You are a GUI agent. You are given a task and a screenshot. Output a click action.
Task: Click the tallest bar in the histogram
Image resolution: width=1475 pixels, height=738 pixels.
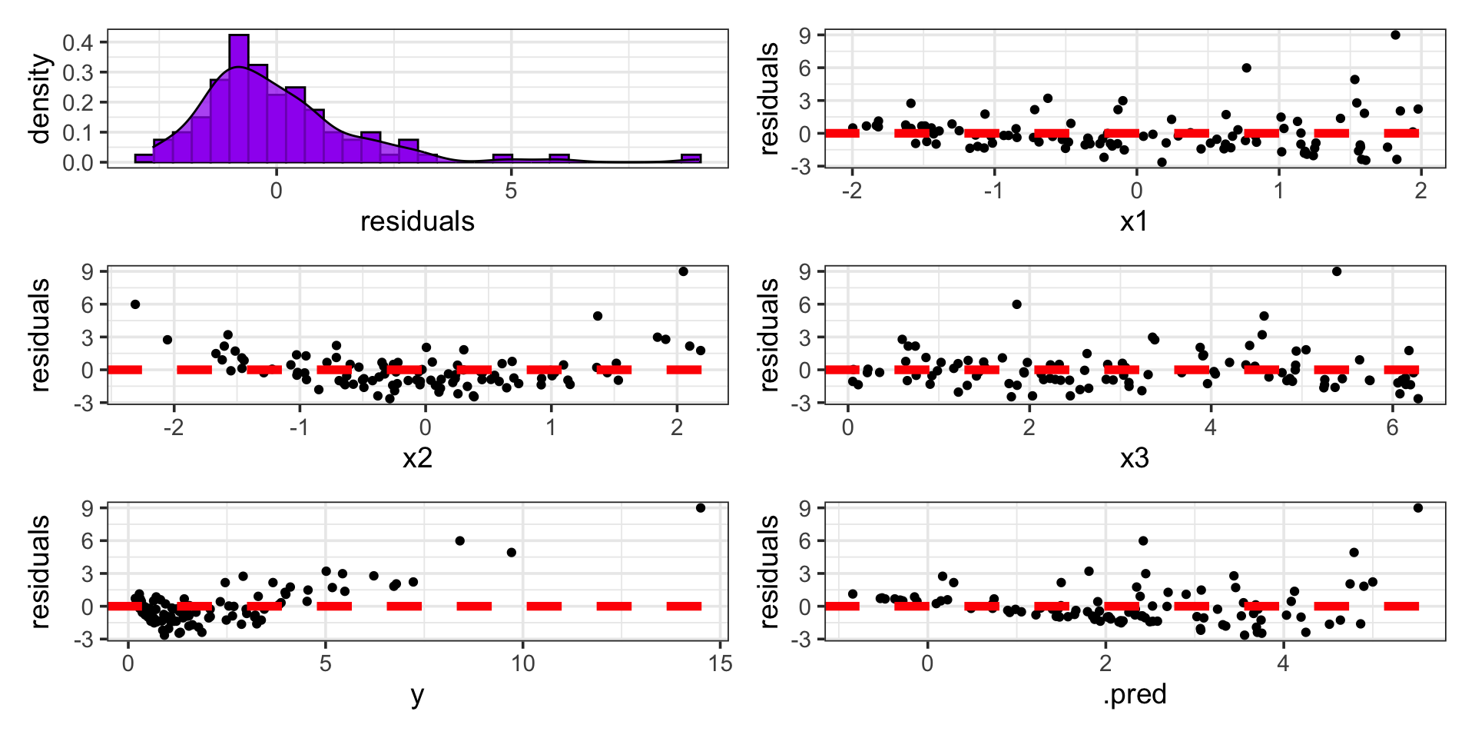(239, 98)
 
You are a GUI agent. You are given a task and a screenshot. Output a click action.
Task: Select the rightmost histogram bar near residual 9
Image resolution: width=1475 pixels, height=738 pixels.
(691, 159)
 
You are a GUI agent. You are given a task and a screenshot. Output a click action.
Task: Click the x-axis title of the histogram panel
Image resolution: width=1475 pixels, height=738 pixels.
(417, 221)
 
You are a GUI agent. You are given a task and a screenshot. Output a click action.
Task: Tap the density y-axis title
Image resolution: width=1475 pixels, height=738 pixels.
(39, 98)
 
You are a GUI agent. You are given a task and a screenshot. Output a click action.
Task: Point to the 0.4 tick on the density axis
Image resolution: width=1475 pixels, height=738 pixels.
(77, 42)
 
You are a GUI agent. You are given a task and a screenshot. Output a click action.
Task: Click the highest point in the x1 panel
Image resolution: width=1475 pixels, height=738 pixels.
(1395, 35)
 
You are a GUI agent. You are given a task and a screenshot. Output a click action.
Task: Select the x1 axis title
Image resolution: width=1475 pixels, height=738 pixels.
(1134, 221)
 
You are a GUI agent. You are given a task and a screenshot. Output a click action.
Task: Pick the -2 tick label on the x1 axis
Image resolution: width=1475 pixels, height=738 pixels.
(851, 191)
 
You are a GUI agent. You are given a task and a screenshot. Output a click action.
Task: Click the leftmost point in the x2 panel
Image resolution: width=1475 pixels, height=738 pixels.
(135, 304)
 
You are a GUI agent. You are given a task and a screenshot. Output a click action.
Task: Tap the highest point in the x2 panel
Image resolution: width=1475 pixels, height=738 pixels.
(683, 271)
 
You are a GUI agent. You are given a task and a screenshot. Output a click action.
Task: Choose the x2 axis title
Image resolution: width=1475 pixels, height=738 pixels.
(417, 458)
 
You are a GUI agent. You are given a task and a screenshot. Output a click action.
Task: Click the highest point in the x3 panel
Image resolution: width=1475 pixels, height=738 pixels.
(1337, 271)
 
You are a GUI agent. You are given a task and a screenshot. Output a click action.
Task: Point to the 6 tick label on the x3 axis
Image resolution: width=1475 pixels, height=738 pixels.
(1392, 427)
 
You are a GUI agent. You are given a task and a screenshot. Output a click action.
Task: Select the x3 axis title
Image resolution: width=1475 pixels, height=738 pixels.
(1134, 458)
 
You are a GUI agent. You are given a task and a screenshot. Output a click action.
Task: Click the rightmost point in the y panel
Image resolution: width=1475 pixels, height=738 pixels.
(700, 508)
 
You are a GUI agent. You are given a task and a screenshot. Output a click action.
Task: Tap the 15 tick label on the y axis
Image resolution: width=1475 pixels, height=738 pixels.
(721, 664)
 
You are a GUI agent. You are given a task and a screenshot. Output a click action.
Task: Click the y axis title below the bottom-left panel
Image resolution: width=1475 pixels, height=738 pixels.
(417, 695)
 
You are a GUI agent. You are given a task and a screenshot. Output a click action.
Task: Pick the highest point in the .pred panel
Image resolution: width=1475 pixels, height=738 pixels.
(1417, 508)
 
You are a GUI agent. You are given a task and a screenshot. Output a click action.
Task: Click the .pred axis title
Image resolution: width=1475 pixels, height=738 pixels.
(1134, 695)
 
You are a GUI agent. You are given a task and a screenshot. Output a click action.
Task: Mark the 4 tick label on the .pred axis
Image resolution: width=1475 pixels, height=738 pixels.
(1283, 664)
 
